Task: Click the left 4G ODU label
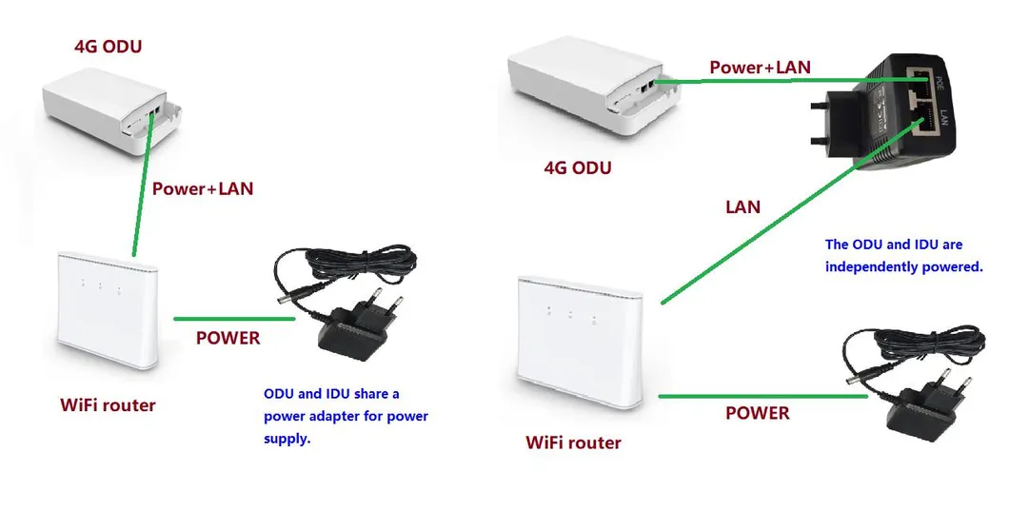[109, 46]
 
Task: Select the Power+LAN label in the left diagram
[203, 188]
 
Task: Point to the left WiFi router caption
[108, 405]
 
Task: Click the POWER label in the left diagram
[228, 338]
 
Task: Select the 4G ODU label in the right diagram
[578, 168]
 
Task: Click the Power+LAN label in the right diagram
[761, 68]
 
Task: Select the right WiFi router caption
[573, 442]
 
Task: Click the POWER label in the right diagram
[758, 413]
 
